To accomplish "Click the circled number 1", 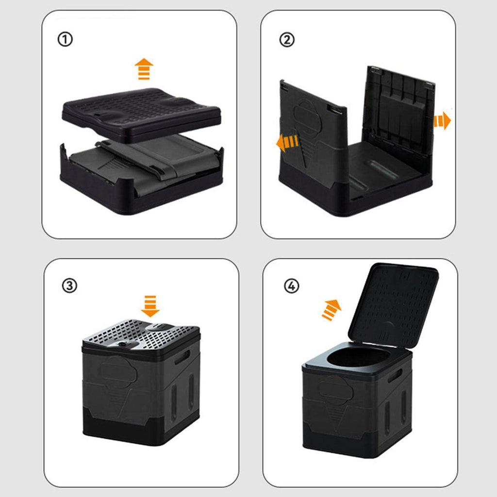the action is (65, 39).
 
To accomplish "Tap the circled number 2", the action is (287, 40).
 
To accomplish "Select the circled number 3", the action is (69, 285).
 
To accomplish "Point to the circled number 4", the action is (291, 286).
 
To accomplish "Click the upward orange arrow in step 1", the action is (144, 69).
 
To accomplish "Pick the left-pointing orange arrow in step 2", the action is (287, 142).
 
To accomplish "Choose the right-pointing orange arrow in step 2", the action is (442, 120).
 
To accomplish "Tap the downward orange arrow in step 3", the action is (150, 306).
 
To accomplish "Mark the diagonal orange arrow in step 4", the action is (331, 310).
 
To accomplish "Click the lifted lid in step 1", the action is (141, 114).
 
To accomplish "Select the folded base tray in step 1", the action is (142, 178).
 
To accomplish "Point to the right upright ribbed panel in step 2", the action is (400, 114).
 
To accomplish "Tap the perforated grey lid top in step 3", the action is (141, 336).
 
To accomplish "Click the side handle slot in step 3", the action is (182, 357).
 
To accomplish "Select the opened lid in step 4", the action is (393, 305).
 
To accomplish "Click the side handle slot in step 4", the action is (395, 375).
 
